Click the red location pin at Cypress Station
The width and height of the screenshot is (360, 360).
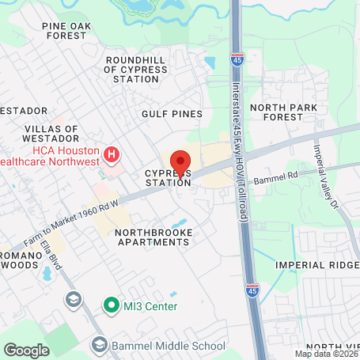(180, 162)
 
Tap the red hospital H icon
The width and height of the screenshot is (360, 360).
(112, 153)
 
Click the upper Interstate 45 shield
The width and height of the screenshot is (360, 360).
(236, 59)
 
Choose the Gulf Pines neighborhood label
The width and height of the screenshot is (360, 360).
(172, 114)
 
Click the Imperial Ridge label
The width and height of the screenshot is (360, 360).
(317, 265)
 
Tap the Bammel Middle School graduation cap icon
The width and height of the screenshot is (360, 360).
(100, 344)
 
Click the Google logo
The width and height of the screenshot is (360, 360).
(26, 350)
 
